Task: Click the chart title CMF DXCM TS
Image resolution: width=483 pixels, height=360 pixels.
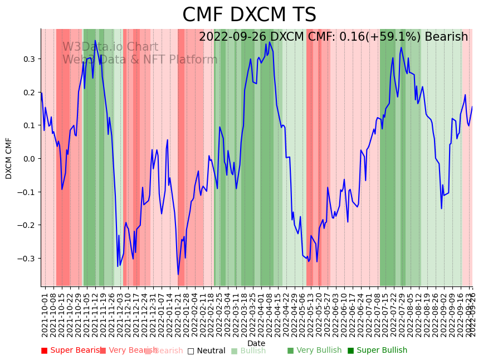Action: [249, 15]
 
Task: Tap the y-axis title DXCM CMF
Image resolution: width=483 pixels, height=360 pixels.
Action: [9, 158]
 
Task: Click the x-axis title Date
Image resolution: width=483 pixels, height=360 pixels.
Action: [256, 343]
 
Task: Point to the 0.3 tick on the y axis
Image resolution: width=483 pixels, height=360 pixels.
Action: [29, 59]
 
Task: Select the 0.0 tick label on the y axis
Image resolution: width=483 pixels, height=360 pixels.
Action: [29, 159]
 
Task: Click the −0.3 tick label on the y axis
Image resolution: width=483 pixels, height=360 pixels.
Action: [27, 259]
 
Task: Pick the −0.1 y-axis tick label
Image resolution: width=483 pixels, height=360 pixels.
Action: [27, 192]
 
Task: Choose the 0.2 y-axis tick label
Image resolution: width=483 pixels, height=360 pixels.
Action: [29, 93]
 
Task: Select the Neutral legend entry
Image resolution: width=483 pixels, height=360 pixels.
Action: [207, 351]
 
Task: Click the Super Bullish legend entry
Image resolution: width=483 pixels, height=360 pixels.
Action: [378, 351]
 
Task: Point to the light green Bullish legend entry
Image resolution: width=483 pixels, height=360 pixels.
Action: [248, 351]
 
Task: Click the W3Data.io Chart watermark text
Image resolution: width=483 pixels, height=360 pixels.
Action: [110, 47]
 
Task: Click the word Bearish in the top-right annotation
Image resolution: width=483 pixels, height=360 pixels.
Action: [446, 37]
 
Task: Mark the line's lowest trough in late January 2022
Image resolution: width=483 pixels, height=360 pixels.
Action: [178, 274]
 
